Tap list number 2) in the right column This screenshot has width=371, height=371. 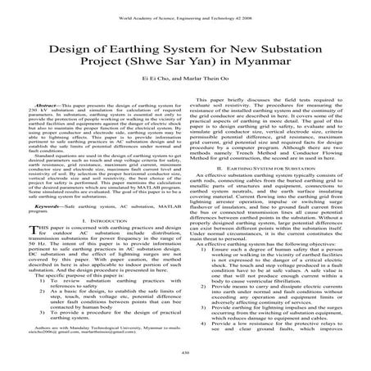tap(200, 288)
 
